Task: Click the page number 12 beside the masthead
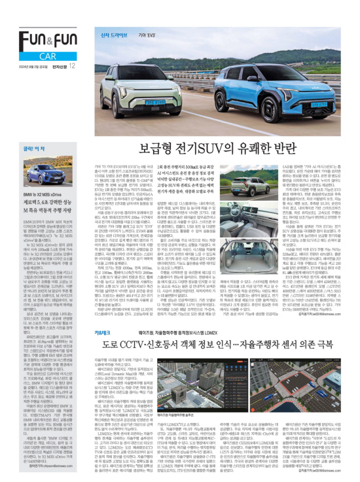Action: [71, 65]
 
